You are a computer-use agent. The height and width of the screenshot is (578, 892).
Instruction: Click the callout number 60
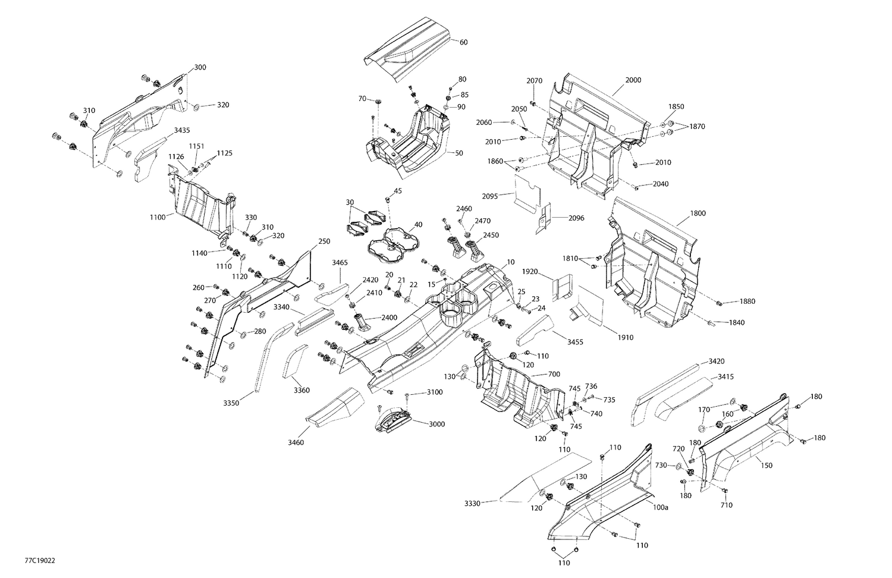point(463,42)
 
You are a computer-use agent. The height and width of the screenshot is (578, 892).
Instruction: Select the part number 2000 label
point(633,80)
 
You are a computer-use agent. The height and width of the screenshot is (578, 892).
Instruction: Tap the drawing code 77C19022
point(40,560)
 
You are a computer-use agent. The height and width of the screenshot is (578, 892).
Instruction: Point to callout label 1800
point(698,213)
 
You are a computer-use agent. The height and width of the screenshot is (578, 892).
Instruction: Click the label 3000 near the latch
point(436,423)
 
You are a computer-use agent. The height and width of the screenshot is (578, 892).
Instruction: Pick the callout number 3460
point(296,442)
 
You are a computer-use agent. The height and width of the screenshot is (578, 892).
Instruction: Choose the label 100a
point(660,507)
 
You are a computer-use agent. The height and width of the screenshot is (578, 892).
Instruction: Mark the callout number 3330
point(473,503)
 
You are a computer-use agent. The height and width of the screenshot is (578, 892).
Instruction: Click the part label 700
point(554,375)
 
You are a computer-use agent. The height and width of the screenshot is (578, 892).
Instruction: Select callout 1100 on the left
point(158,218)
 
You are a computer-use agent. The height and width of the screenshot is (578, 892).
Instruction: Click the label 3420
point(717,361)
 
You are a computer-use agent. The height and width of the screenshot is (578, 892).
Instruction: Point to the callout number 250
point(324,241)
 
